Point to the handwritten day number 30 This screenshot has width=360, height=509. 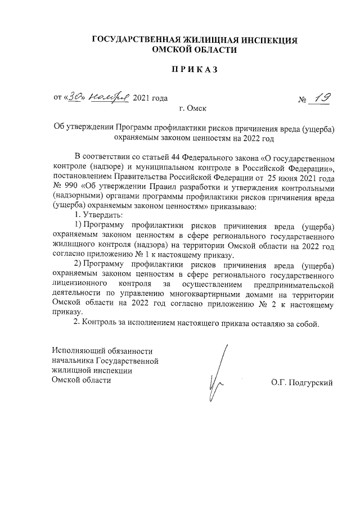(x=75, y=97)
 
